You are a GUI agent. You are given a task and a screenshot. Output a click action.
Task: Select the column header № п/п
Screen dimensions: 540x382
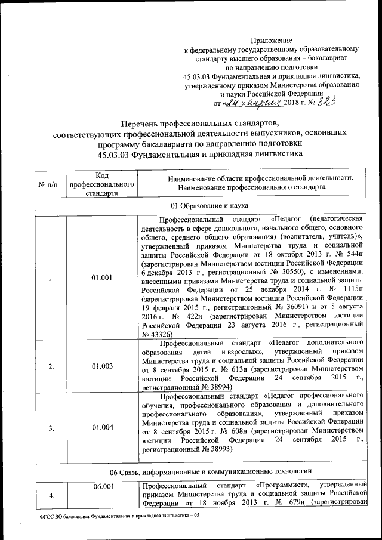coord(51,186)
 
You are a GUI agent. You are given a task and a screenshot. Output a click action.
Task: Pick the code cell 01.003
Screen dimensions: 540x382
coord(102,366)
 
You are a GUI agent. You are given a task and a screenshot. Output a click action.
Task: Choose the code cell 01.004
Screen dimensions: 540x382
coord(102,427)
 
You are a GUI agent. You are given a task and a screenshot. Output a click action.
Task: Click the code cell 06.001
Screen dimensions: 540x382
coord(102,486)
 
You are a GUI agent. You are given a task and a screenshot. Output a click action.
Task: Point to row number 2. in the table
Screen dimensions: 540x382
coord(51,366)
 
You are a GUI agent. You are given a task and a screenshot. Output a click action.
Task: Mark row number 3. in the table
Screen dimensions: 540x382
coord(51,427)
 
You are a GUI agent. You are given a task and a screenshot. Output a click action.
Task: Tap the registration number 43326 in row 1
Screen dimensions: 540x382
coord(159,334)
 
